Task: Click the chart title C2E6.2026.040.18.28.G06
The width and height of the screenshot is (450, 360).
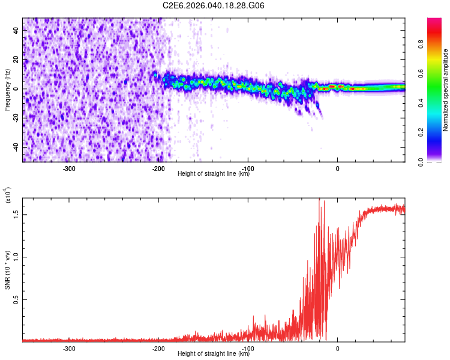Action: (214, 5)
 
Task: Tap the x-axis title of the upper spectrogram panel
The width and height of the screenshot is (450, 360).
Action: (214, 175)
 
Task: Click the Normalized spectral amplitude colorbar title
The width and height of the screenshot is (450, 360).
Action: (445, 90)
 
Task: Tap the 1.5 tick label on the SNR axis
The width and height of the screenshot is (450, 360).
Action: (15, 214)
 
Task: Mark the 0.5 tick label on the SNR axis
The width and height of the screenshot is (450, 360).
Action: (15, 300)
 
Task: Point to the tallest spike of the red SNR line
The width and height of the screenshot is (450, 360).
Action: (320, 199)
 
